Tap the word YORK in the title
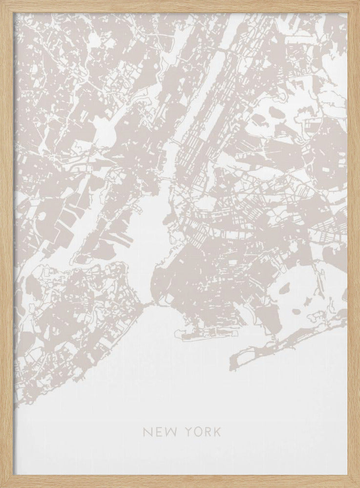pyautogui.click(x=202, y=432)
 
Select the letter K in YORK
pyautogui.click(x=217, y=432)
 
